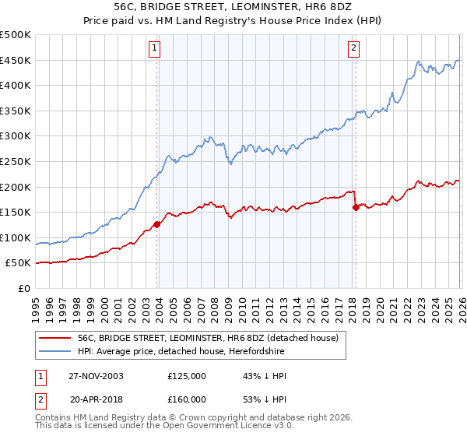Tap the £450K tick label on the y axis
(16, 60)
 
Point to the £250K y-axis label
(16, 161)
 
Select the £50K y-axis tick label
(19, 263)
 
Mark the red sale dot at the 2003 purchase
(157, 224)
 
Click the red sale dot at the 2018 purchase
(356, 207)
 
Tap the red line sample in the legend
(55, 339)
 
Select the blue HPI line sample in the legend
(55, 352)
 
